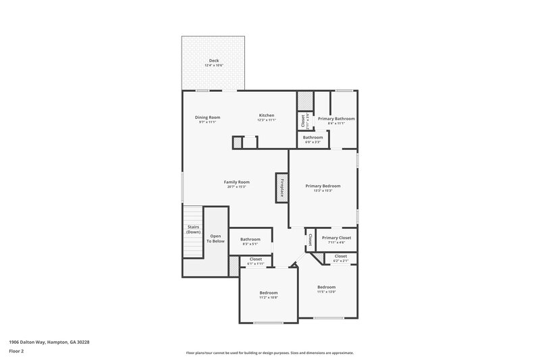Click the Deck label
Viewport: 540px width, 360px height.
click(214, 61)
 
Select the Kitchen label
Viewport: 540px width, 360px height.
click(267, 115)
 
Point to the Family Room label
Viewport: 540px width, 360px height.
click(237, 182)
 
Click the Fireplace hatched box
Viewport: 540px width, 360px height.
click(280, 187)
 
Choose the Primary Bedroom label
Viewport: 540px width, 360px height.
click(323, 186)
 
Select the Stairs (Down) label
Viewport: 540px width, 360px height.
click(194, 229)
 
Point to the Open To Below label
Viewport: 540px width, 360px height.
click(215, 238)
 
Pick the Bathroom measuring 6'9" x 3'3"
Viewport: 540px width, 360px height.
click(313, 138)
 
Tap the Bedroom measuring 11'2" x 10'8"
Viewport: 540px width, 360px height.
click(269, 293)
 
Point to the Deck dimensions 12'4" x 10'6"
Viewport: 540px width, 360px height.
click(214, 66)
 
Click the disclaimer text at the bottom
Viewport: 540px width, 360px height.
click(269, 353)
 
